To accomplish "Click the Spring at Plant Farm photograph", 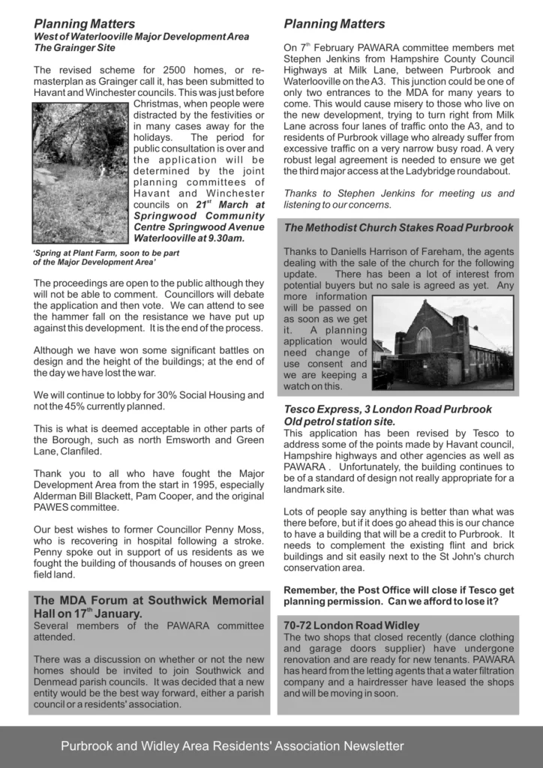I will click(x=81, y=172).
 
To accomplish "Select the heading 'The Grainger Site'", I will click(x=75, y=48).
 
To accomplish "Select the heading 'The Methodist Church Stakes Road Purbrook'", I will click(x=398, y=227).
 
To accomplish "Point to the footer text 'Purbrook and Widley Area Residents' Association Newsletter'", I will click(x=232, y=746).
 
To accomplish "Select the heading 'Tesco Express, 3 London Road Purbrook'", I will click(x=388, y=409).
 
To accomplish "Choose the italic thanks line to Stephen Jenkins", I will click(x=398, y=199).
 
